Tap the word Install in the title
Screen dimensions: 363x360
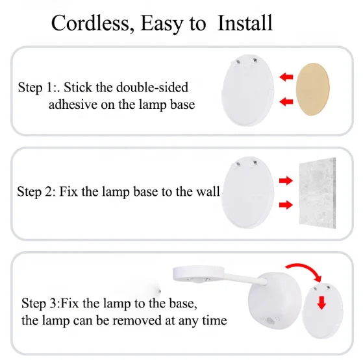(245, 23)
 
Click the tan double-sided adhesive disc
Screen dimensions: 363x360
(312, 90)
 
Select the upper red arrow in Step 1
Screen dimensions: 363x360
(286, 77)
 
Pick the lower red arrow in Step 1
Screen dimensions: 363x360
(286, 101)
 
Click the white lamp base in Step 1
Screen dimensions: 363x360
(247, 90)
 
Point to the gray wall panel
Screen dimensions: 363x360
(318, 193)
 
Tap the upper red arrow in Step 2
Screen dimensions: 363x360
(286, 180)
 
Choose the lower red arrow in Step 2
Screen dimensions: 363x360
(286, 205)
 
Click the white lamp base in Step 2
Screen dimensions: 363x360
(247, 193)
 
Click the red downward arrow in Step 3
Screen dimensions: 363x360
(321, 303)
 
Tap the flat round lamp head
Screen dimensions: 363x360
(199, 274)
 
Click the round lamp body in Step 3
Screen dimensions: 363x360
(275, 300)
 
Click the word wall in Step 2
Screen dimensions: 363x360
(208, 191)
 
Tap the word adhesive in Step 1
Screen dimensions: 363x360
(73, 104)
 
